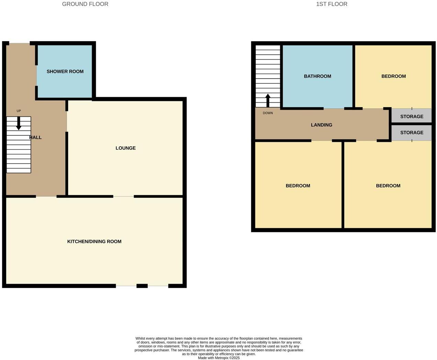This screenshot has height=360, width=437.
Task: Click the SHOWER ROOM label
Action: coord(65,71)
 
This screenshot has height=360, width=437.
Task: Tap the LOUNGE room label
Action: coord(125,148)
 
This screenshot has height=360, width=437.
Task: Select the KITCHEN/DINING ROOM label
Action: coord(94,241)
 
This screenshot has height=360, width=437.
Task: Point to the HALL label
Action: coord(35,137)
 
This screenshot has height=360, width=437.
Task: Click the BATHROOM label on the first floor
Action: coord(317,76)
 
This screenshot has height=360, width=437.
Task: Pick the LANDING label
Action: coord(322,125)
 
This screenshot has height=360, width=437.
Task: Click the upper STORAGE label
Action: coord(412,116)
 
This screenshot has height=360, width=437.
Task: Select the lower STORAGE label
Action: coord(412,133)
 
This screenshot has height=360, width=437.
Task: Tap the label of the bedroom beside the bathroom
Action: coord(393,76)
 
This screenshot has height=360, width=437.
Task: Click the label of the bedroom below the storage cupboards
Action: coord(388,186)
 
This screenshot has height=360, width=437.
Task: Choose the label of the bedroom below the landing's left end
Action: coord(298,186)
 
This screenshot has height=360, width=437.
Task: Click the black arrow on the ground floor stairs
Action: coord(19,123)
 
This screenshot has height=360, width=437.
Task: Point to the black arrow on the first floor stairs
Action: coord(268,100)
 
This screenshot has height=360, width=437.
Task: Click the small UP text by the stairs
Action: coord(19,111)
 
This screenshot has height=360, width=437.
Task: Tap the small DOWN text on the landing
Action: coord(268,113)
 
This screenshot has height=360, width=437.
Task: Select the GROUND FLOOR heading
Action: coord(85,4)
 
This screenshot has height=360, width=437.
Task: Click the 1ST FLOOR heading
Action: coord(332,4)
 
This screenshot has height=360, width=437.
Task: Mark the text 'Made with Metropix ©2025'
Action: coord(219,358)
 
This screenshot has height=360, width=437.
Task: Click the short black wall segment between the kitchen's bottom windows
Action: coord(142,286)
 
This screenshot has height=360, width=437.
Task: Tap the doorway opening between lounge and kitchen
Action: coord(123,196)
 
